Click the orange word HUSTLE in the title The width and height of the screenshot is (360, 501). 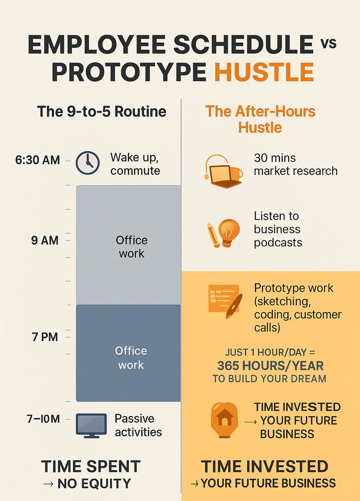pyautogui.click(x=264, y=72)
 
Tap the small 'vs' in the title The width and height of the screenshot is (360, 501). pyautogui.click(x=329, y=44)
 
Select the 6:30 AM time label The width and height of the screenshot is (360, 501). pyautogui.click(x=37, y=160)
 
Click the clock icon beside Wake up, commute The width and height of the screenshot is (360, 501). pyautogui.click(x=88, y=163)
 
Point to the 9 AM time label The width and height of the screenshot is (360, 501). pyautogui.click(x=45, y=240)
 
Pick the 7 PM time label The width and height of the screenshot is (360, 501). pyautogui.click(x=45, y=337)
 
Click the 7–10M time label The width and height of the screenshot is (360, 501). pyautogui.click(x=44, y=418)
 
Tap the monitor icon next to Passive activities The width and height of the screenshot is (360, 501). pyautogui.click(x=91, y=425)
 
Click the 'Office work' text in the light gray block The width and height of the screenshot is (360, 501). pyautogui.click(x=132, y=247)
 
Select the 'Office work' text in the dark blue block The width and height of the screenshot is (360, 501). pyautogui.click(x=131, y=357)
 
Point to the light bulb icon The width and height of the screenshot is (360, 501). pyautogui.click(x=229, y=233)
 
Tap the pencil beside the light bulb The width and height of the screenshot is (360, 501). pyautogui.click(x=213, y=235)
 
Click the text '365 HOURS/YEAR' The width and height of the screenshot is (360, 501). pyautogui.click(x=270, y=365)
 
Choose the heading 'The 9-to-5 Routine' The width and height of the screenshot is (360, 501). pyautogui.click(x=102, y=112)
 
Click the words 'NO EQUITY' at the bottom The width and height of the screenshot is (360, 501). pyautogui.click(x=94, y=484)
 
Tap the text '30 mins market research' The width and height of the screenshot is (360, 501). pyautogui.click(x=295, y=164)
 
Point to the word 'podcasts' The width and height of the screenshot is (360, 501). pyautogui.click(x=278, y=243)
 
